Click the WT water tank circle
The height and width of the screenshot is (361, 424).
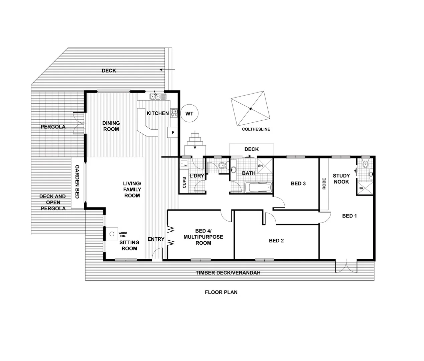[189, 114]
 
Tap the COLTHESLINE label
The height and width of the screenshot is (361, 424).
[256, 129]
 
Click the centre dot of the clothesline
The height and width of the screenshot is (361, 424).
[250, 109]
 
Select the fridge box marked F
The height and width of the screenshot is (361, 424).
[172, 132]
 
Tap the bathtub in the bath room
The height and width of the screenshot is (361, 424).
[259, 188]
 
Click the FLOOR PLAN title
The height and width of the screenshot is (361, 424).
[221, 292]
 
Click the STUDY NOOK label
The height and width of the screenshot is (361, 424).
[341, 178]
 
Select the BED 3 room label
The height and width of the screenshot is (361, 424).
[298, 184]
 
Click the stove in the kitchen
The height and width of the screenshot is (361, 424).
[174, 113]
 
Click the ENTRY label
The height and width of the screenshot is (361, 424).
[156, 239]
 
